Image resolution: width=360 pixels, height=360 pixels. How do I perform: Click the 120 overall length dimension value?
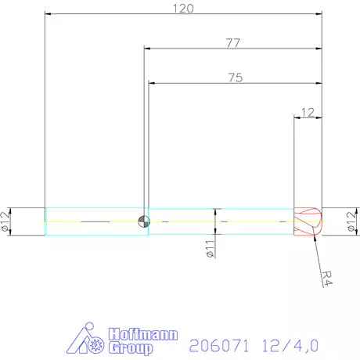[184, 8]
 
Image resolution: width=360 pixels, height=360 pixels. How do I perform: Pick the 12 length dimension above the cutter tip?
[308, 112]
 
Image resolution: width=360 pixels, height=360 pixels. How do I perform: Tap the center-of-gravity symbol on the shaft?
[142, 221]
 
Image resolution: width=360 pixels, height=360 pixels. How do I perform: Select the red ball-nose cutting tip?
[308, 221]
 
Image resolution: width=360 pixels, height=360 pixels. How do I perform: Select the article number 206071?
[214, 343]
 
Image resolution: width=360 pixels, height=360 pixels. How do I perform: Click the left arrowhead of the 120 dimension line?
[49, 14]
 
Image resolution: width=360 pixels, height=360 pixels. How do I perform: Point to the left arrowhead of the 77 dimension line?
[148, 49]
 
